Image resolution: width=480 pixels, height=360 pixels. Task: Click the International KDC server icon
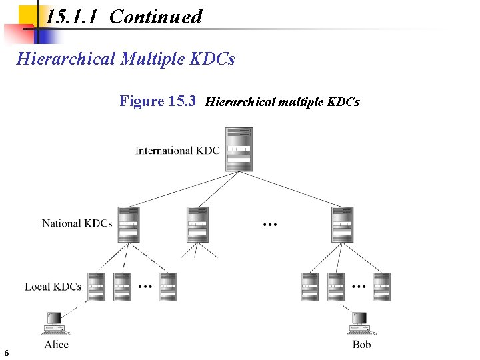[x=239, y=149]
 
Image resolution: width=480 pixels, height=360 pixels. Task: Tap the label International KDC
[x=177, y=151]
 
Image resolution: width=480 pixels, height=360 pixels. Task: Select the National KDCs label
[x=77, y=223]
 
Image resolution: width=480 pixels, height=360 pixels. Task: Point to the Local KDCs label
[x=53, y=287]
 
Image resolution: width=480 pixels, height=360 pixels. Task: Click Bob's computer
[x=361, y=323]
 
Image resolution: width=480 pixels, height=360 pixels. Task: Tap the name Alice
[x=56, y=344]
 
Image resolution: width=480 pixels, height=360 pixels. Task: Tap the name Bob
[x=362, y=344]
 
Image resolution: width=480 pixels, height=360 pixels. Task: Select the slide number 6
[x=6, y=353]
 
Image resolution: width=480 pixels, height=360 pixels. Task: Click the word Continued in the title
[x=155, y=17]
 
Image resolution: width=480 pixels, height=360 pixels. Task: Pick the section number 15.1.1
[x=73, y=17]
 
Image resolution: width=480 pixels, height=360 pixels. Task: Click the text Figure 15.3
[x=157, y=101]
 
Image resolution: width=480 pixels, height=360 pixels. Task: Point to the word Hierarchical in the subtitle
[x=66, y=59]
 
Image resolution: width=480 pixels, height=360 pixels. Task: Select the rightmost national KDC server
[x=342, y=224]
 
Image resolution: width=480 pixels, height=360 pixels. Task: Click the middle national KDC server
[x=198, y=224]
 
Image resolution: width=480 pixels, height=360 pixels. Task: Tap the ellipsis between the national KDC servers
[x=270, y=225]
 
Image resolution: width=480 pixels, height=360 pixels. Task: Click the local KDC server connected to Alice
[x=96, y=287]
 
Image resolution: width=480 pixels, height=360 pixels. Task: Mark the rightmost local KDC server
[x=381, y=287]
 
